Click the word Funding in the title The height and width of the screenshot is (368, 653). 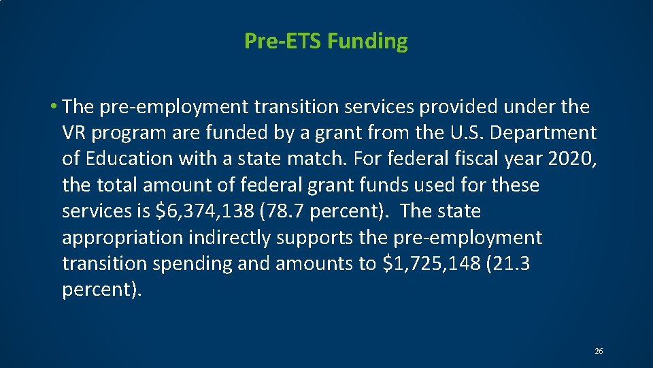pyautogui.click(x=367, y=42)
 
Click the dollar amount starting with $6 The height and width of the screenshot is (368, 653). pyautogui.click(x=204, y=212)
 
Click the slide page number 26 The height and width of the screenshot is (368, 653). pyautogui.click(x=599, y=351)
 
